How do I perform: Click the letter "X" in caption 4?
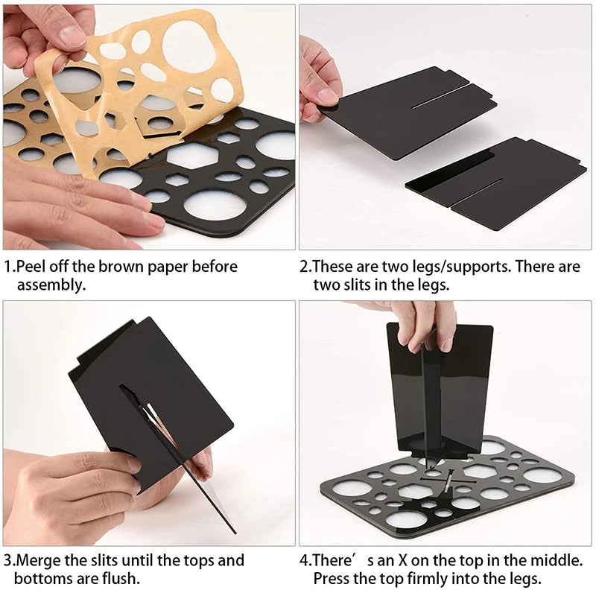[x=403, y=560]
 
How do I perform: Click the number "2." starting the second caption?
[x=305, y=267]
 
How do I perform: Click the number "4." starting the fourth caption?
[x=305, y=560]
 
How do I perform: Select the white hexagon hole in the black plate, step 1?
[x=191, y=156]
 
